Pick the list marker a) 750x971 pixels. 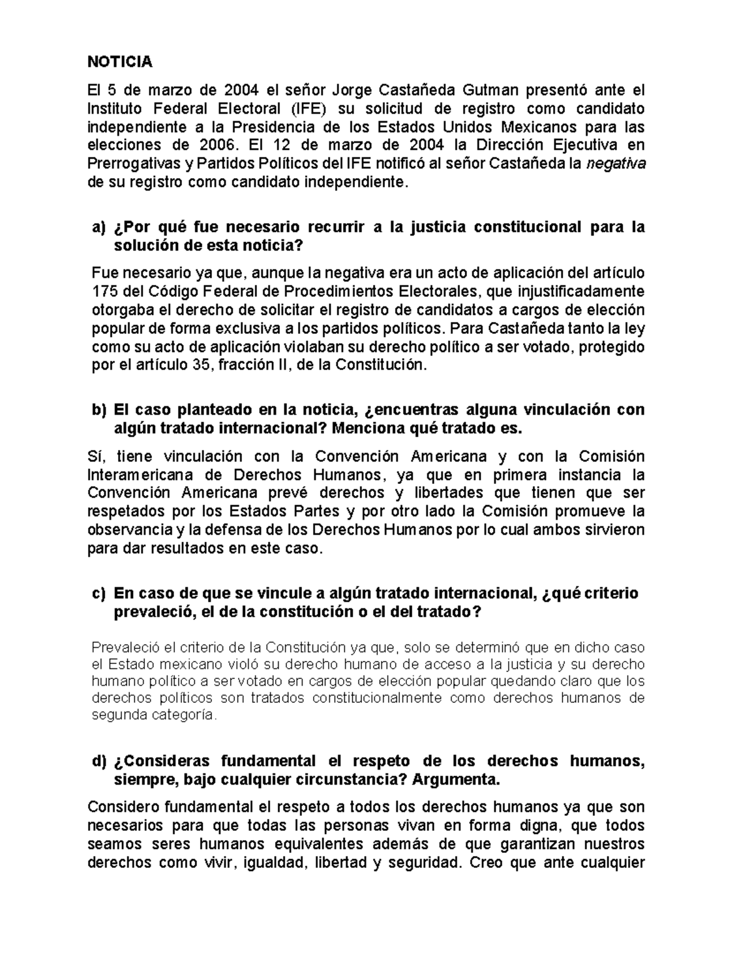point(99,227)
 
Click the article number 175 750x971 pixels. point(103,291)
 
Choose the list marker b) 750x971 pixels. point(99,410)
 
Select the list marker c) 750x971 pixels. point(99,593)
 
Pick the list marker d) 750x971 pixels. point(99,762)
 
